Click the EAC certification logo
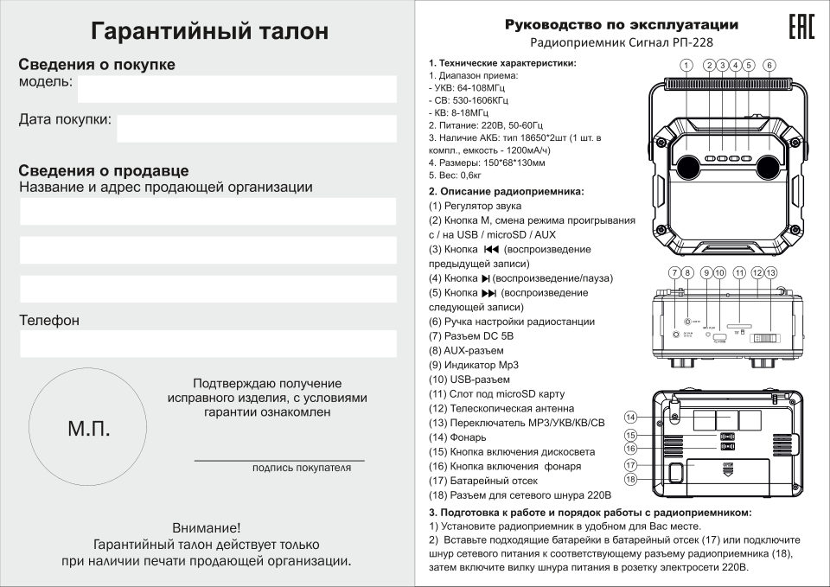point(801,27)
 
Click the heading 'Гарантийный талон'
point(210,31)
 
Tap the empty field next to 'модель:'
point(236,88)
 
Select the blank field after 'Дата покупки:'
point(256,127)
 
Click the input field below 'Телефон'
point(207,344)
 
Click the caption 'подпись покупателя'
point(302,468)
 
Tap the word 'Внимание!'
point(207,527)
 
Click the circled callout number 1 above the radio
point(685,65)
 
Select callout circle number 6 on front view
point(769,65)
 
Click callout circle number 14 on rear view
point(631,417)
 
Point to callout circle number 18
point(631,478)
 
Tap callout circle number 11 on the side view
point(739,272)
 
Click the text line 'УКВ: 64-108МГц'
point(472,88)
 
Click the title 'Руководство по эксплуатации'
point(621,24)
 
